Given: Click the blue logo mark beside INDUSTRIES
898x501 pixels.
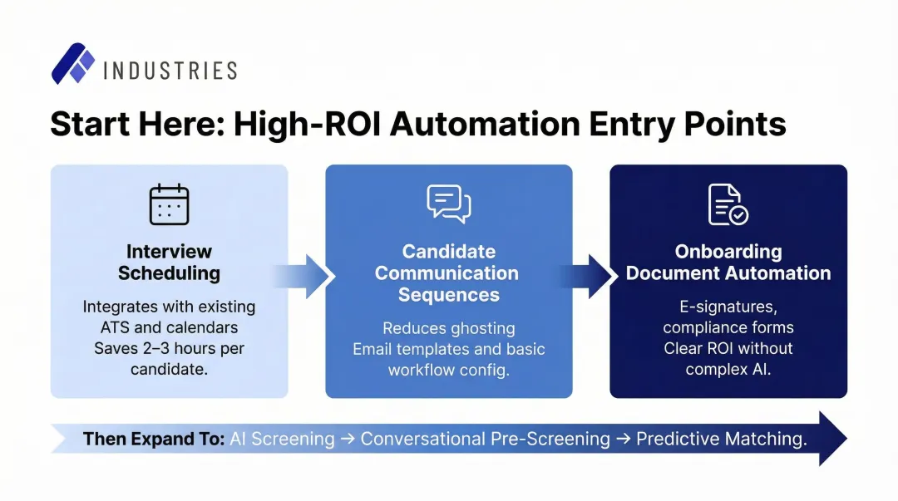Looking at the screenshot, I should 73,64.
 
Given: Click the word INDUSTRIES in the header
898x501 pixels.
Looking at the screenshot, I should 170,71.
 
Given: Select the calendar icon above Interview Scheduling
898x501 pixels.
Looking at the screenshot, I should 169,204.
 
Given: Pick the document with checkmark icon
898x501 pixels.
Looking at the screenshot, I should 728,204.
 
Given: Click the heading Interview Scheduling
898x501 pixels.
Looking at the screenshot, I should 169,262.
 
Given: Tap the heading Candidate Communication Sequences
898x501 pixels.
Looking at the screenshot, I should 447,273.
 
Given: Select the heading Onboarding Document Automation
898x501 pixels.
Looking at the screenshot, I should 728,262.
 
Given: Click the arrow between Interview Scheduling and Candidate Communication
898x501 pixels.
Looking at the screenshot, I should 306,276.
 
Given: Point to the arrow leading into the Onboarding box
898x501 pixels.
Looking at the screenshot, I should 591,276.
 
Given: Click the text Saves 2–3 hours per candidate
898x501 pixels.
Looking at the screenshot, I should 169,358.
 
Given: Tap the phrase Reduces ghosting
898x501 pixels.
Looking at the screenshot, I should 448,328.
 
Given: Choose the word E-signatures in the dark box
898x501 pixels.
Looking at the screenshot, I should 728,307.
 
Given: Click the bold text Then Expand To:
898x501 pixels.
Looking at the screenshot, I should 154,439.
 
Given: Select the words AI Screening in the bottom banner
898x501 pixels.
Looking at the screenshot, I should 282,439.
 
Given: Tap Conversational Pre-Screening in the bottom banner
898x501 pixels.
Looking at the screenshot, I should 485,439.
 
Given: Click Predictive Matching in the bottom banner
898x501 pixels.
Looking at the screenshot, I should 721,439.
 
